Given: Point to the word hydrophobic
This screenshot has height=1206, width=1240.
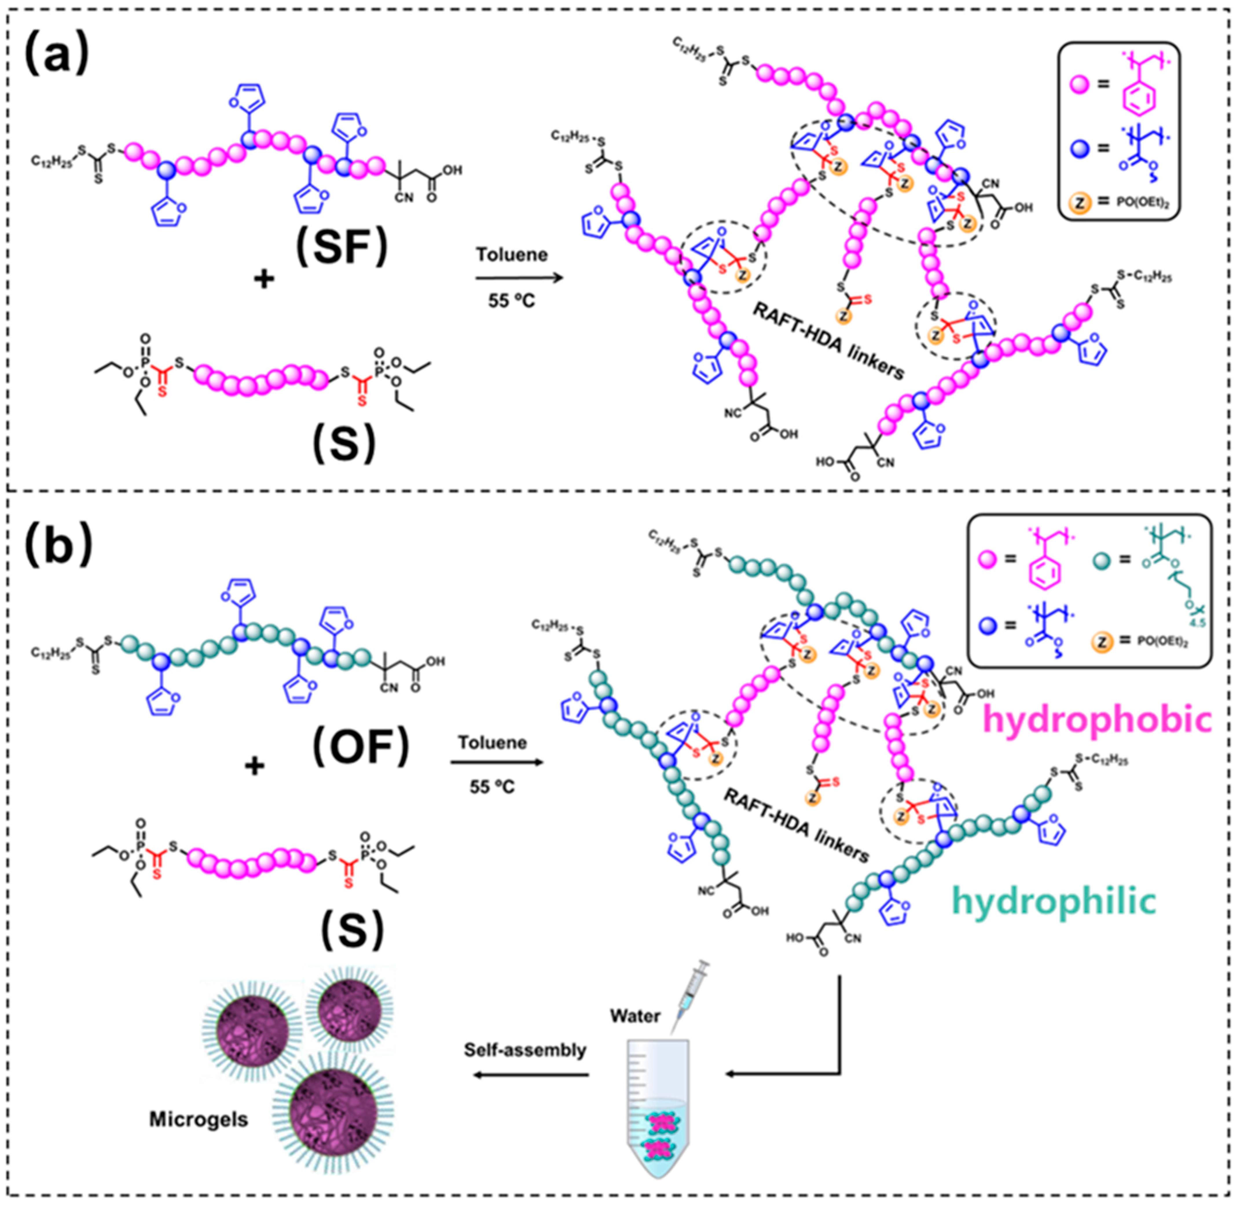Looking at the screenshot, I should point(1097,720).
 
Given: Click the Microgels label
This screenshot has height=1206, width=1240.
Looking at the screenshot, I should point(198,1119).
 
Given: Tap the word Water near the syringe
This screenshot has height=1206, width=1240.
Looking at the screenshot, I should point(635,1016).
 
